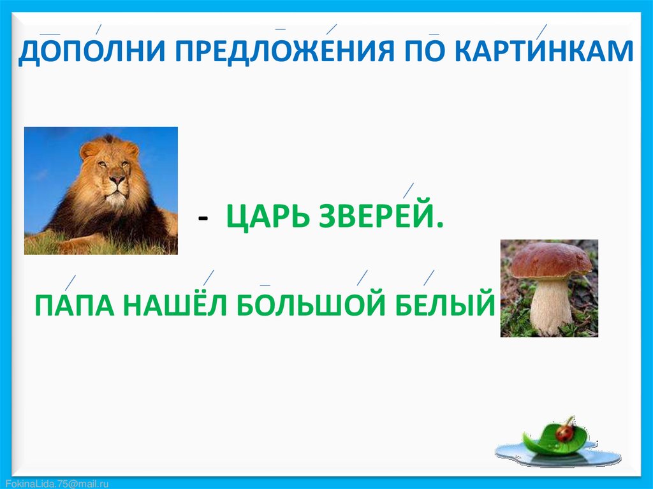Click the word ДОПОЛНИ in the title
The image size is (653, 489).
(92, 52)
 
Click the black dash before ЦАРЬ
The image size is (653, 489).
(203, 218)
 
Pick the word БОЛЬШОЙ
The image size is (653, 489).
(311, 305)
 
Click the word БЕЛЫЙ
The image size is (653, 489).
(445, 305)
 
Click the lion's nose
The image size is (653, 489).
(117, 180)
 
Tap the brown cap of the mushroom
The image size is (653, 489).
(550, 260)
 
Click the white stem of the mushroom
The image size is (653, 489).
(550, 306)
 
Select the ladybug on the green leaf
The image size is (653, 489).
(565, 432)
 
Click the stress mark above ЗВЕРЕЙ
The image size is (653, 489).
(408, 191)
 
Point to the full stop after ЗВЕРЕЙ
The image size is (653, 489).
(440, 225)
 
